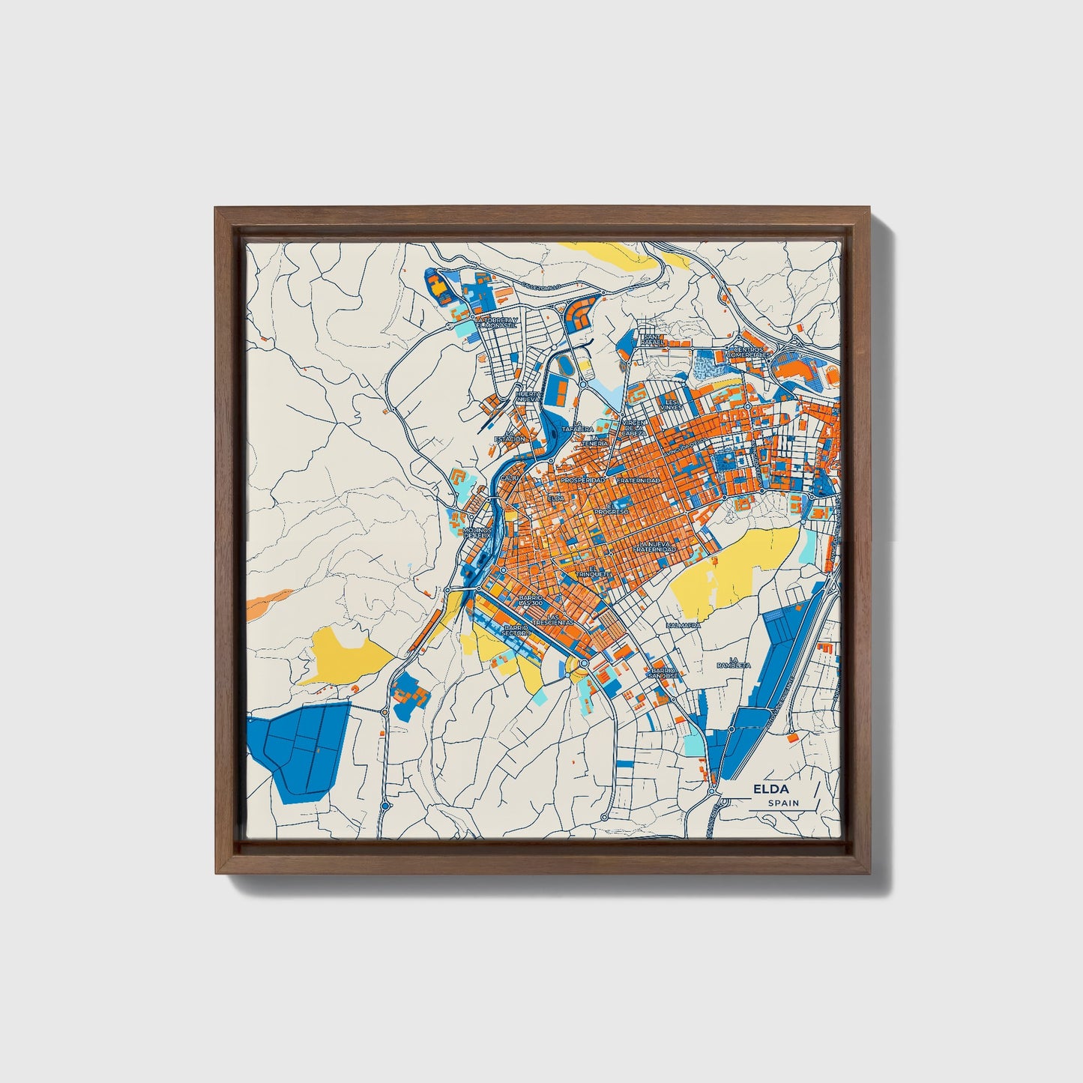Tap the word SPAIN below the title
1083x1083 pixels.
pos(783,803)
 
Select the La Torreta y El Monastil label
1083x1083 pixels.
pos(490,324)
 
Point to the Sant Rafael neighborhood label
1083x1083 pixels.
pos(651,340)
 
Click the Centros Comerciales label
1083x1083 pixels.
pos(752,352)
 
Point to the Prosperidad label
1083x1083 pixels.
pos(582,480)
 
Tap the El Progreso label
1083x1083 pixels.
pos(611,509)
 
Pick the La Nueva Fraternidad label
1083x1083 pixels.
pos(654,547)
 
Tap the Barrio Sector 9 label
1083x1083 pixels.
pos(517,631)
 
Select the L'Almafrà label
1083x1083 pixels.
pos(684,624)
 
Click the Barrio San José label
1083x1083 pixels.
pos(664,673)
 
